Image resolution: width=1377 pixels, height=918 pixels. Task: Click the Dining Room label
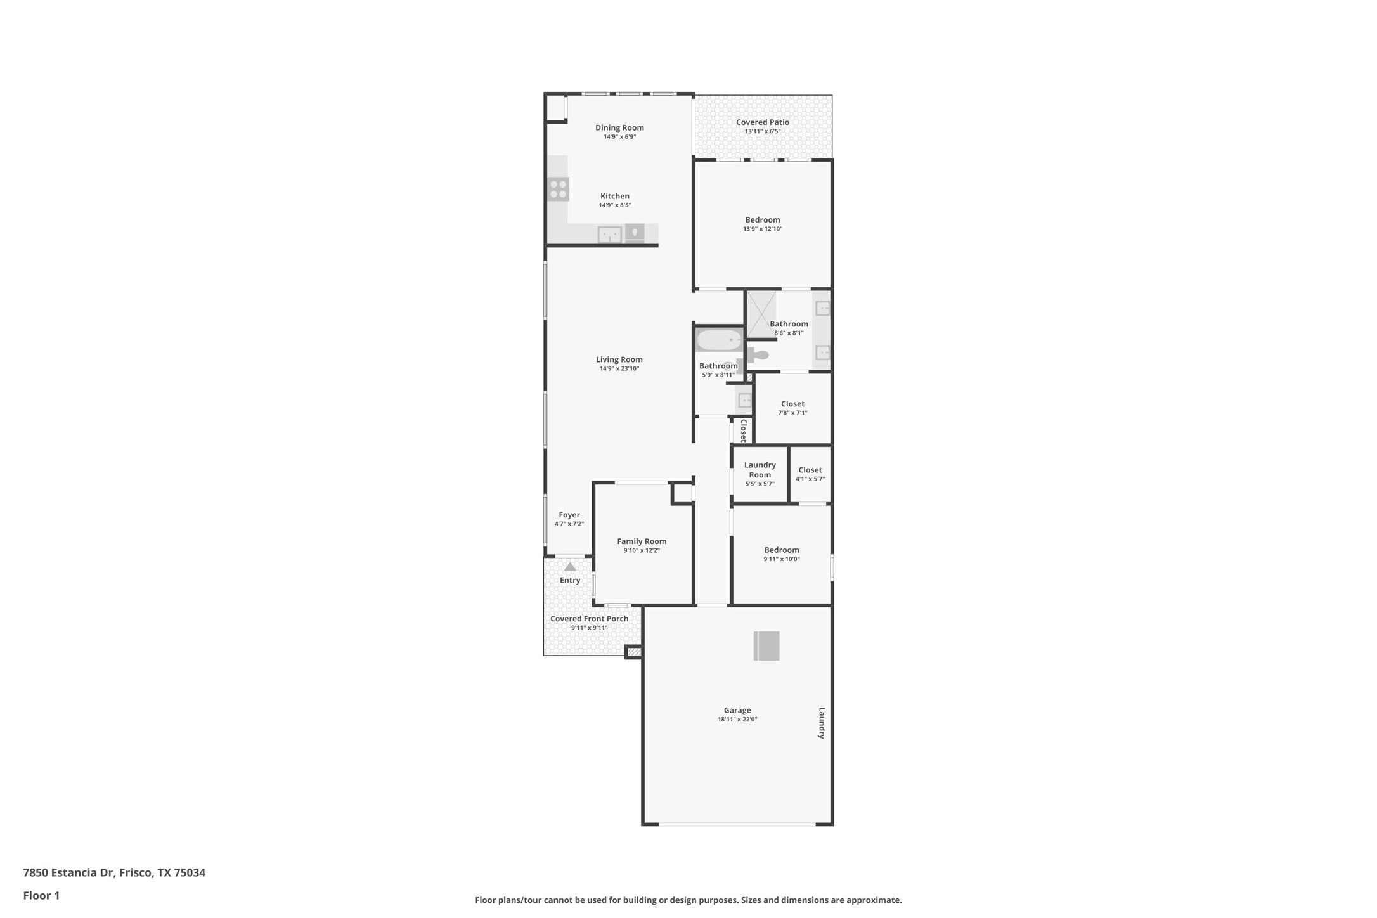(619, 127)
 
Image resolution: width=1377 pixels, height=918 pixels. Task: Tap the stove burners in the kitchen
(559, 189)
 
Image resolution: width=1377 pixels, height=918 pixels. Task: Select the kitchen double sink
(610, 235)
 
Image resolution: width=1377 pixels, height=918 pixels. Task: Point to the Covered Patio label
(763, 122)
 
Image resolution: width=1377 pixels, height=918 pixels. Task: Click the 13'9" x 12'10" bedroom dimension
(763, 229)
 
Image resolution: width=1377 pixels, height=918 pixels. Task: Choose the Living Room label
(619, 359)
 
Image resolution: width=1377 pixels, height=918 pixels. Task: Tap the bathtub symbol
(719, 340)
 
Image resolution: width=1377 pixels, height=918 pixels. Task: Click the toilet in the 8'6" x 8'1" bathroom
(757, 355)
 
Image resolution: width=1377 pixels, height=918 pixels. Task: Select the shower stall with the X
(760, 314)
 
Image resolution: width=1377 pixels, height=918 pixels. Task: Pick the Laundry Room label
(760, 470)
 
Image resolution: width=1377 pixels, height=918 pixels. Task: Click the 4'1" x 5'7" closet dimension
(810, 479)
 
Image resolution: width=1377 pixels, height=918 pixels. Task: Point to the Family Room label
(642, 541)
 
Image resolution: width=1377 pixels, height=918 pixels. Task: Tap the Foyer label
(569, 515)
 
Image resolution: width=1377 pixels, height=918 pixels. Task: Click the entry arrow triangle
(570, 566)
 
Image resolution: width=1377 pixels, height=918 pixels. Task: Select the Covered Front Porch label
(590, 619)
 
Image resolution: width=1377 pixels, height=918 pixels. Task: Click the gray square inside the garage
(766, 646)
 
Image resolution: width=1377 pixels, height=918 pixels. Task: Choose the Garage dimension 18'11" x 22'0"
(737, 720)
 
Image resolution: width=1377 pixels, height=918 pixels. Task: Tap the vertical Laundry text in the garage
(822, 723)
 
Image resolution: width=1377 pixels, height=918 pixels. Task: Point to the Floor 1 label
(41, 896)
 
